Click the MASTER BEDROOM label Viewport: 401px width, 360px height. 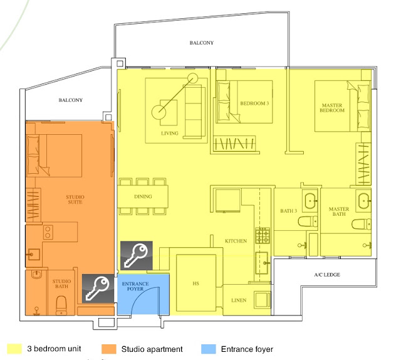[x=332, y=108]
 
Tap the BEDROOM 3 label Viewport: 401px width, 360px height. [x=254, y=103]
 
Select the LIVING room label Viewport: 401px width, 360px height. [x=170, y=133]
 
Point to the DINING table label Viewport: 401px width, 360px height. [x=143, y=197]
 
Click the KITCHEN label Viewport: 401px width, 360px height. [x=236, y=241]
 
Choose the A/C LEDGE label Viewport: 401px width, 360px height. [x=327, y=275]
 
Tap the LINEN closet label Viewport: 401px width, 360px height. [x=239, y=300]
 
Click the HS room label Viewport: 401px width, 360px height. [x=195, y=283]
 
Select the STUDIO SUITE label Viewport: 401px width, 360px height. [x=75, y=199]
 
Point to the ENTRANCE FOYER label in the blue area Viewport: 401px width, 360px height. [x=135, y=286]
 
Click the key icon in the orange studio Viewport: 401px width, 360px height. [x=98, y=289]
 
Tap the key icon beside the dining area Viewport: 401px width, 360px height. [x=137, y=255]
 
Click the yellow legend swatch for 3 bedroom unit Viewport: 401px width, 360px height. [x=14, y=349]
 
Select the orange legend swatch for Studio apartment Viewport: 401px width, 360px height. [x=109, y=349]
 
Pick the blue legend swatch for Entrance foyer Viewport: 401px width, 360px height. [x=209, y=349]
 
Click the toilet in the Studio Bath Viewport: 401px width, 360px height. [x=61, y=305]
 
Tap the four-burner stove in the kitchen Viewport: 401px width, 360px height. [x=263, y=235]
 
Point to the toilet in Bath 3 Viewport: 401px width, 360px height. [x=308, y=221]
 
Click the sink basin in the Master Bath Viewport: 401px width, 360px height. [x=363, y=201]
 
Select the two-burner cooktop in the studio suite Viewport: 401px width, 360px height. [x=48, y=232]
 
